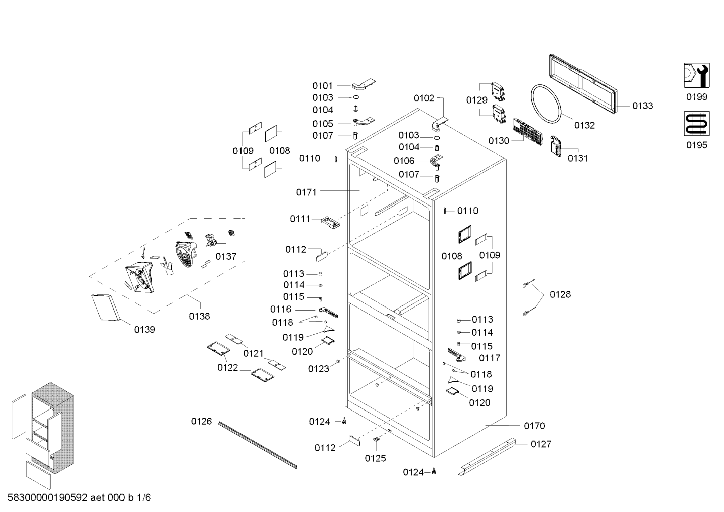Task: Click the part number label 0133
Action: click(643, 106)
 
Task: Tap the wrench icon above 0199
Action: click(696, 75)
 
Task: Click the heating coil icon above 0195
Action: click(696, 124)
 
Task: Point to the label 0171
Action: click(306, 192)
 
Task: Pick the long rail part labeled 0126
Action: click(257, 445)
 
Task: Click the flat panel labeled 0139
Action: click(106, 308)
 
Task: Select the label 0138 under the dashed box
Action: click(199, 316)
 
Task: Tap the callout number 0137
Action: click(226, 256)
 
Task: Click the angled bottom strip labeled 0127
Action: click(487, 457)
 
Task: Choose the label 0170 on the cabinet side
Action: click(534, 426)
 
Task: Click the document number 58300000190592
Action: click(48, 497)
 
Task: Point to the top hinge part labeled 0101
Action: click(364, 85)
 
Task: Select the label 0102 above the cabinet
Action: click(424, 98)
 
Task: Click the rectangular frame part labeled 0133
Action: click(583, 84)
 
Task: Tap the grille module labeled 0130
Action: click(527, 132)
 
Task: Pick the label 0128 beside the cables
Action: click(560, 294)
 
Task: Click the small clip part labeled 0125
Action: click(376, 439)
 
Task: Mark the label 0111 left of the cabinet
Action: click(300, 219)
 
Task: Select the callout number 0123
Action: click(319, 369)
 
